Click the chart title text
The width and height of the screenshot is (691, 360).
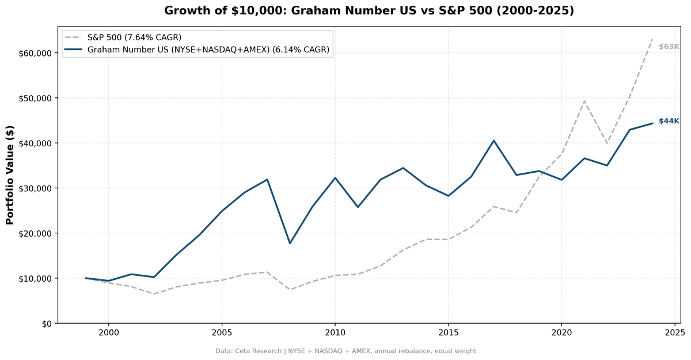(369, 10)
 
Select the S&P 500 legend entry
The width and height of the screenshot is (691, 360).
(134, 37)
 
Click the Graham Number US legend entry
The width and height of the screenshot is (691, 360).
(208, 50)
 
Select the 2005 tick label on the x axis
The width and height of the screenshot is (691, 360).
(222, 332)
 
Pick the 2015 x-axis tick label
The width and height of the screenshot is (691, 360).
(448, 332)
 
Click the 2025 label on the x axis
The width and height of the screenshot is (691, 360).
(674, 332)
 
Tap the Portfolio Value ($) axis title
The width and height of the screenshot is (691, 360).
(10, 175)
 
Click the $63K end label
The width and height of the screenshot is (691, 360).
(669, 46)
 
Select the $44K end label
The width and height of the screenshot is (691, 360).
(669, 121)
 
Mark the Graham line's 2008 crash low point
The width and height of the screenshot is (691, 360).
(290, 243)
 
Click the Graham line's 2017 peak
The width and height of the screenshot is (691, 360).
(493, 141)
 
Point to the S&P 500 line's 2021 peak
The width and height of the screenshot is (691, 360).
(584, 101)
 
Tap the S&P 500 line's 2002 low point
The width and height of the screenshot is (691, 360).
(154, 294)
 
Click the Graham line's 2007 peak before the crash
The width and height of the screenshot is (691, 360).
(267, 179)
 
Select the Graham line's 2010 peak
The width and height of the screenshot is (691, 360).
(335, 178)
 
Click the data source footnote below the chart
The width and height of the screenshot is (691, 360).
(345, 351)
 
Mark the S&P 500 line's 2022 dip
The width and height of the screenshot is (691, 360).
(607, 143)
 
